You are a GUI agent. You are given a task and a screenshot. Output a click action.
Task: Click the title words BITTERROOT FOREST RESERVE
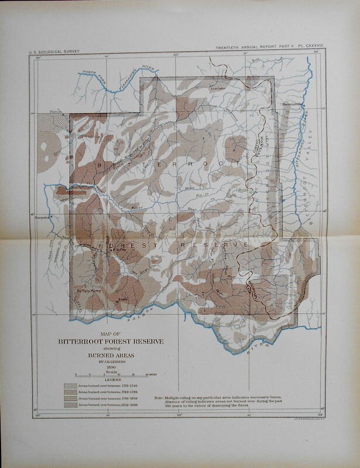111,342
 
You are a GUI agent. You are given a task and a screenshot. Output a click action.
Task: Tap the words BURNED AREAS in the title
111,355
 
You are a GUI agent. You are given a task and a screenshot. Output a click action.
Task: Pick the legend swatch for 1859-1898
70,404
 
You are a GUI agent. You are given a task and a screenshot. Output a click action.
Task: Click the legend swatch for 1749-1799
70,393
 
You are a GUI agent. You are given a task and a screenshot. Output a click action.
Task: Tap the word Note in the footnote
159,398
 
